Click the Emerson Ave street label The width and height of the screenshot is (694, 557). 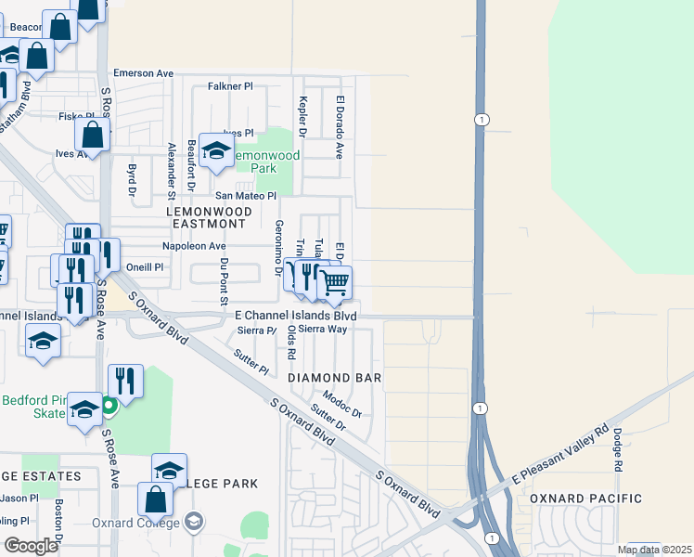point(144,72)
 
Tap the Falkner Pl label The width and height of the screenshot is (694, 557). point(231,86)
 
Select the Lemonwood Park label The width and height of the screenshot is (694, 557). point(266,162)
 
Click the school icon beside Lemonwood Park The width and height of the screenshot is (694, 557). point(216,150)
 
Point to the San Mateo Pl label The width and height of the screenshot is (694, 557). point(246,196)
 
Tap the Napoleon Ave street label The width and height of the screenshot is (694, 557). point(194,246)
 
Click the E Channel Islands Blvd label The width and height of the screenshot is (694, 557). point(295,316)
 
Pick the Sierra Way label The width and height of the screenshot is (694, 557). point(322,329)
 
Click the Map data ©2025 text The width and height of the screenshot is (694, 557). point(653,550)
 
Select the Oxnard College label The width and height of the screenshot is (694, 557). point(136,522)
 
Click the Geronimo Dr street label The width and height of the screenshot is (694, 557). point(278,248)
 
